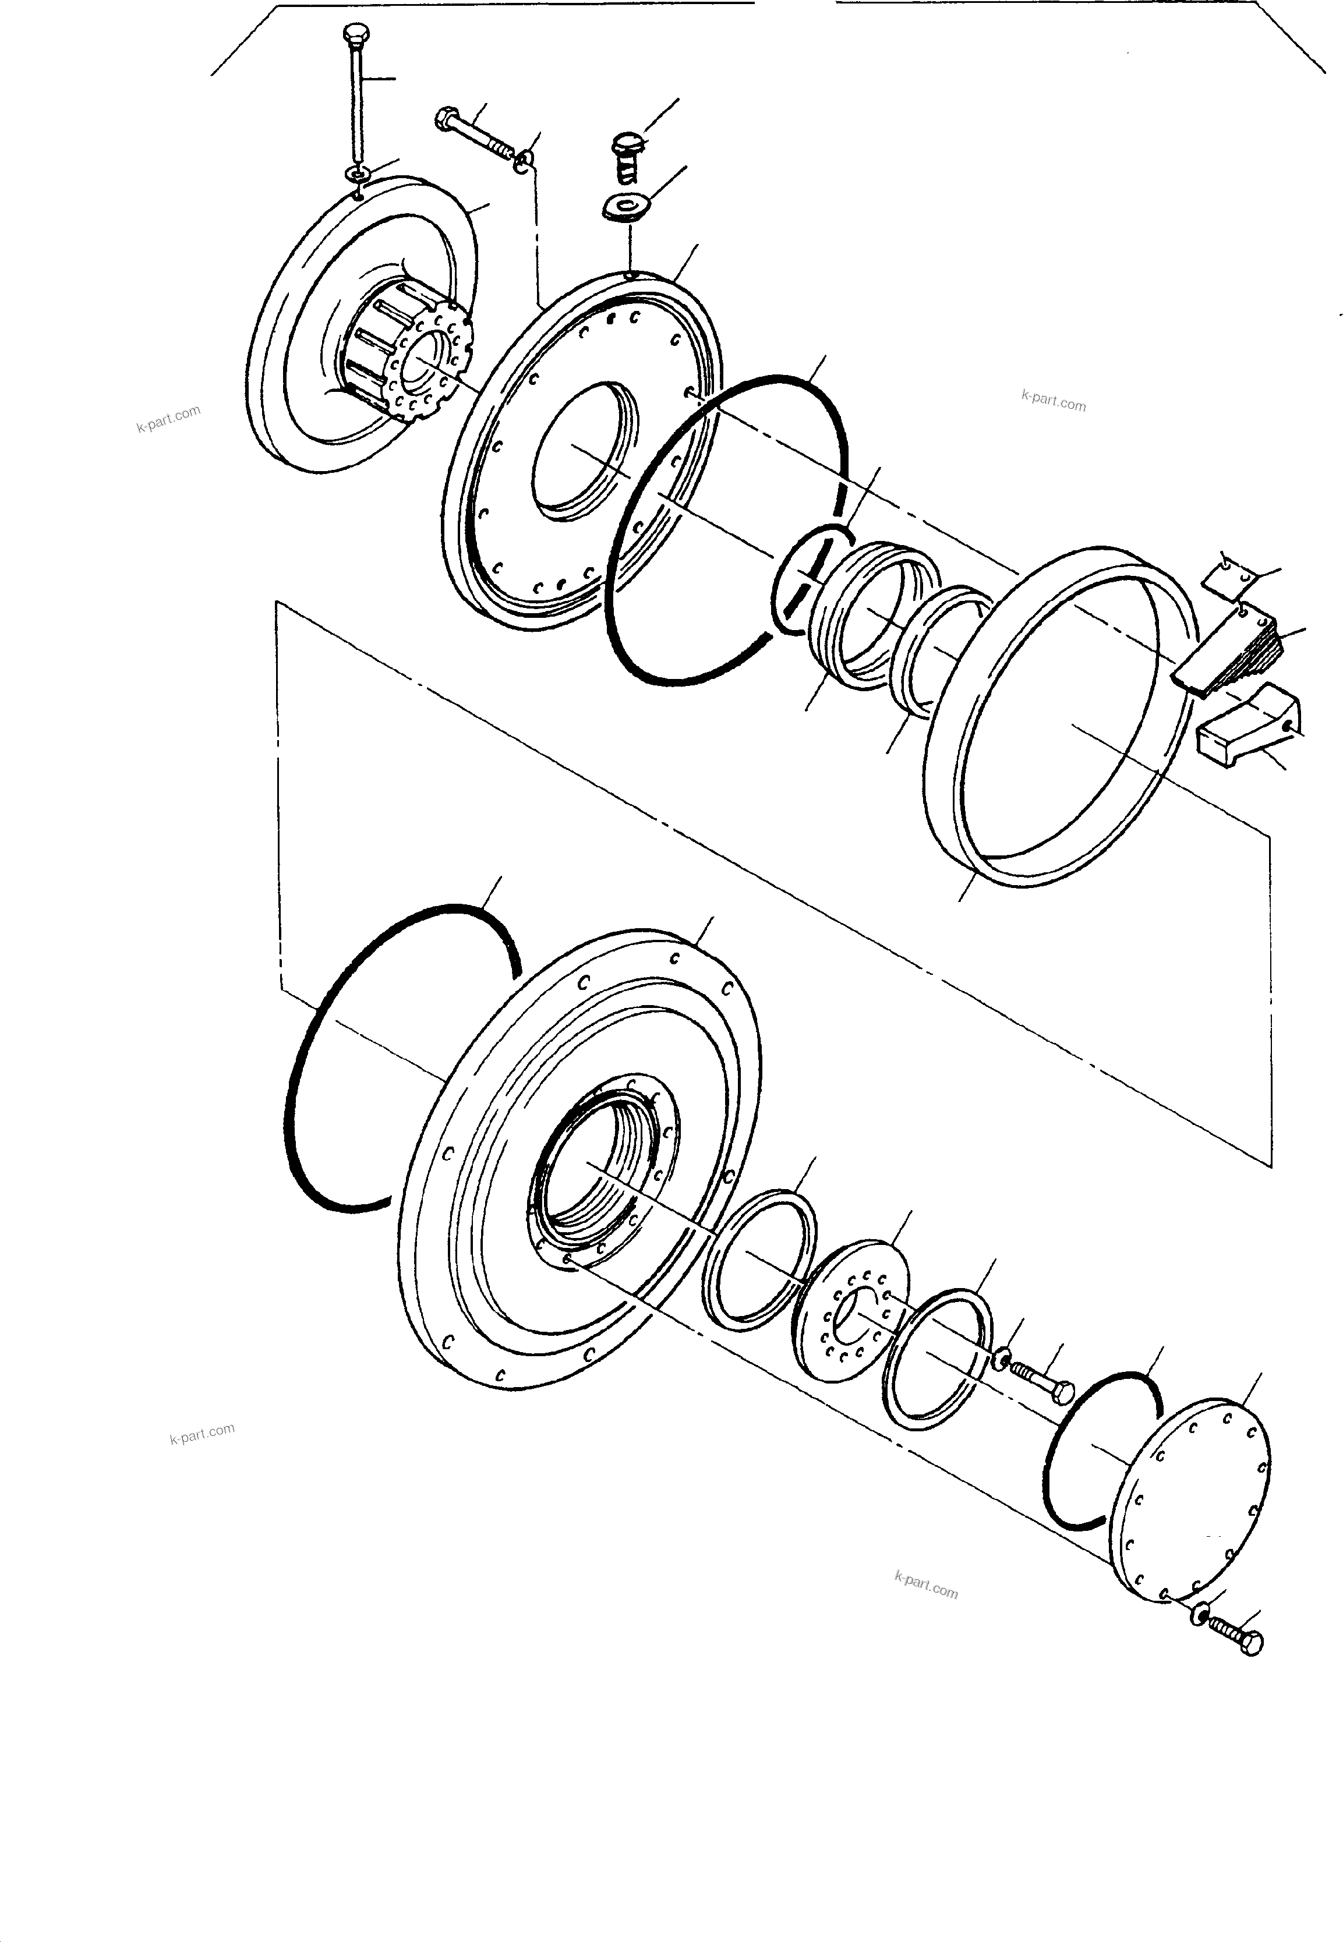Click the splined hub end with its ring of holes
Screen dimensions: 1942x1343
pos(429,363)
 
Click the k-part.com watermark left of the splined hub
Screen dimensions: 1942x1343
pos(168,418)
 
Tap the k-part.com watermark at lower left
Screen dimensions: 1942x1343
pos(202,1433)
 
